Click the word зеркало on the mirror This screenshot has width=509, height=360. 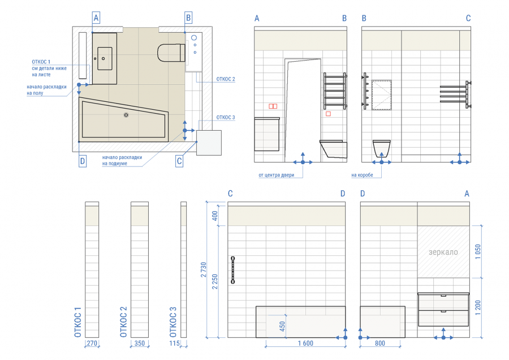(x=443, y=252)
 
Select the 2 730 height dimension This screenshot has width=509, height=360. (x=204, y=269)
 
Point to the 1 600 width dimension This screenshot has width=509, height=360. (x=305, y=343)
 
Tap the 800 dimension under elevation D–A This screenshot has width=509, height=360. (x=380, y=343)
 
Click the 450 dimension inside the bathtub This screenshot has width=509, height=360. (x=282, y=326)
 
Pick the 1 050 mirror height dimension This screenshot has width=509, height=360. (x=478, y=251)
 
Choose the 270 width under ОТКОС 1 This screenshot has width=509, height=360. (x=92, y=343)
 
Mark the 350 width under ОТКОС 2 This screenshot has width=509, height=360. (x=140, y=343)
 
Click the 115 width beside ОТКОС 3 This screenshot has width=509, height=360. (x=174, y=343)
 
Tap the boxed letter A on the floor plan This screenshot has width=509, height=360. (x=96, y=18)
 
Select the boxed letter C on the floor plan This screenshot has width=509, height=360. (x=179, y=161)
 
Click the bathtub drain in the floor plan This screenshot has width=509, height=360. (x=126, y=115)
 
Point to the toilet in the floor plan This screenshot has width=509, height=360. (x=171, y=52)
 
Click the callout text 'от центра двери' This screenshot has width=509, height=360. (x=276, y=175)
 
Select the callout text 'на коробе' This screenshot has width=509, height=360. (x=362, y=175)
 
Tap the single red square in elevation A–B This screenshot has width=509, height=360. (x=328, y=114)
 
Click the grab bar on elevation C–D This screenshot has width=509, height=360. (x=233, y=269)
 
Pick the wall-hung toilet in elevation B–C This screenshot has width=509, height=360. (x=381, y=148)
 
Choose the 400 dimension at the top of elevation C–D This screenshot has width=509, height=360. (x=215, y=216)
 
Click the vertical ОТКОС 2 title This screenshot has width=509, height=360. (x=123, y=322)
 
